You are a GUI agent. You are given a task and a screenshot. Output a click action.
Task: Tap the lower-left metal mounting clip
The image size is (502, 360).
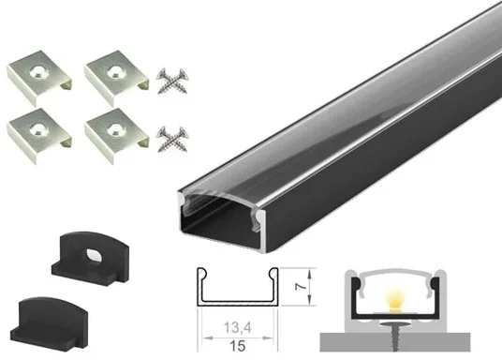(38, 136)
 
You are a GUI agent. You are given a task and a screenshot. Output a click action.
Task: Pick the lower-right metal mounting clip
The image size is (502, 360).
(116, 136)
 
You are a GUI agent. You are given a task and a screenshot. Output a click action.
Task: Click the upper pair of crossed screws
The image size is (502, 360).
(172, 81)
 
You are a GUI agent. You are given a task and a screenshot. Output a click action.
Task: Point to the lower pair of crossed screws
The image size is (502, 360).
(172, 139)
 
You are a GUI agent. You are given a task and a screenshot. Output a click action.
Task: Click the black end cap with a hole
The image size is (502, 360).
(90, 258)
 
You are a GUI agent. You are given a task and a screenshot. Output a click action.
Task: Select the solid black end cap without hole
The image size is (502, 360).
(50, 322)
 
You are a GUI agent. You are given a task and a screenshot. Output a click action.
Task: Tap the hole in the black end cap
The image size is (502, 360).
(93, 257)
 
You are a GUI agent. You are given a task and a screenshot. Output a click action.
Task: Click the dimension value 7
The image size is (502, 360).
(301, 286)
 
